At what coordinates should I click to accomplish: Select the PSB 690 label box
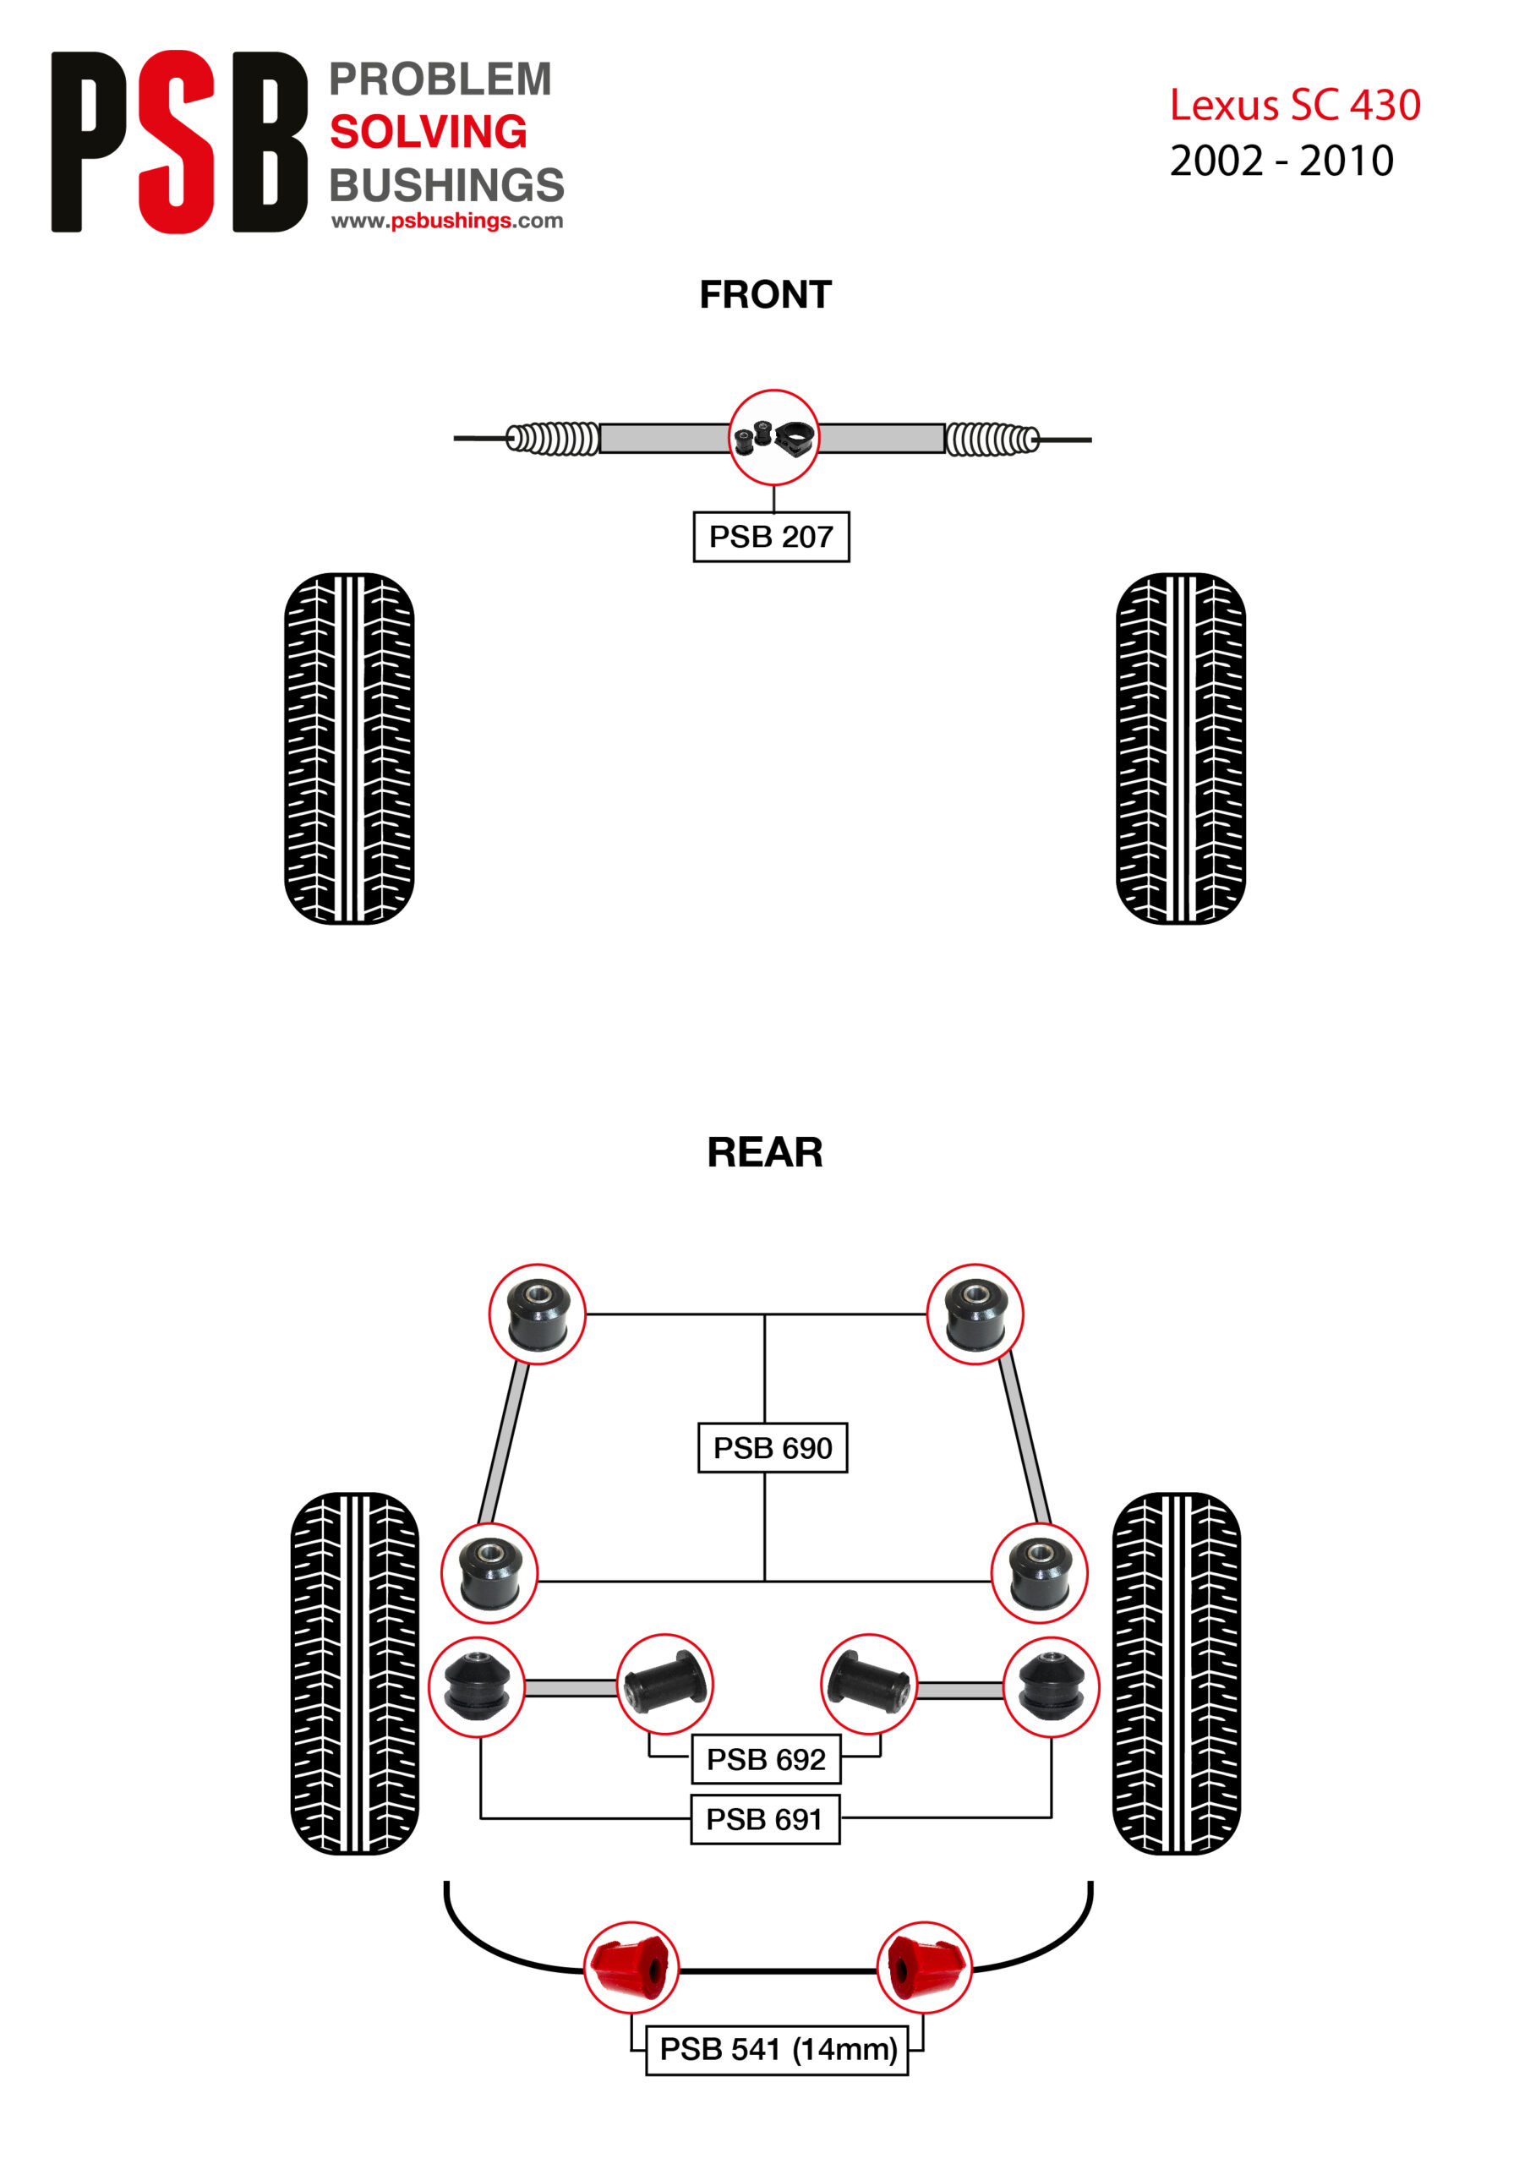point(772,1448)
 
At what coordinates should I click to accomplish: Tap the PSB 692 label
point(766,1759)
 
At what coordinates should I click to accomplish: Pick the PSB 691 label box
point(764,1819)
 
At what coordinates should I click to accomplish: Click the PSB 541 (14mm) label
point(777,2049)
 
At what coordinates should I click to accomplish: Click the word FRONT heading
point(766,295)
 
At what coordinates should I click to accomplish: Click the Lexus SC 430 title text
point(1295,105)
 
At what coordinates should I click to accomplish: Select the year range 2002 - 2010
point(1281,161)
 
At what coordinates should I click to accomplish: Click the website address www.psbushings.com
point(447,221)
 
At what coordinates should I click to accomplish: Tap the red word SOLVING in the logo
point(428,131)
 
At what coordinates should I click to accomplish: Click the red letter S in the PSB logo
point(177,141)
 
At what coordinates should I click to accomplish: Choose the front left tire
point(349,748)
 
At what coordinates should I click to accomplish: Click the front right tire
point(1180,748)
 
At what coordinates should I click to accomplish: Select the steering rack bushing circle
point(774,437)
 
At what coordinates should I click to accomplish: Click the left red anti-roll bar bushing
point(631,1968)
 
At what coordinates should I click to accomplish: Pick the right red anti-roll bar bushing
point(924,1968)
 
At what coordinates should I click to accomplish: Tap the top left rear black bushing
point(538,1314)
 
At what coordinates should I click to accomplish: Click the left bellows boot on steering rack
point(553,438)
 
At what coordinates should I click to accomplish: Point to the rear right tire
point(1177,1674)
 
